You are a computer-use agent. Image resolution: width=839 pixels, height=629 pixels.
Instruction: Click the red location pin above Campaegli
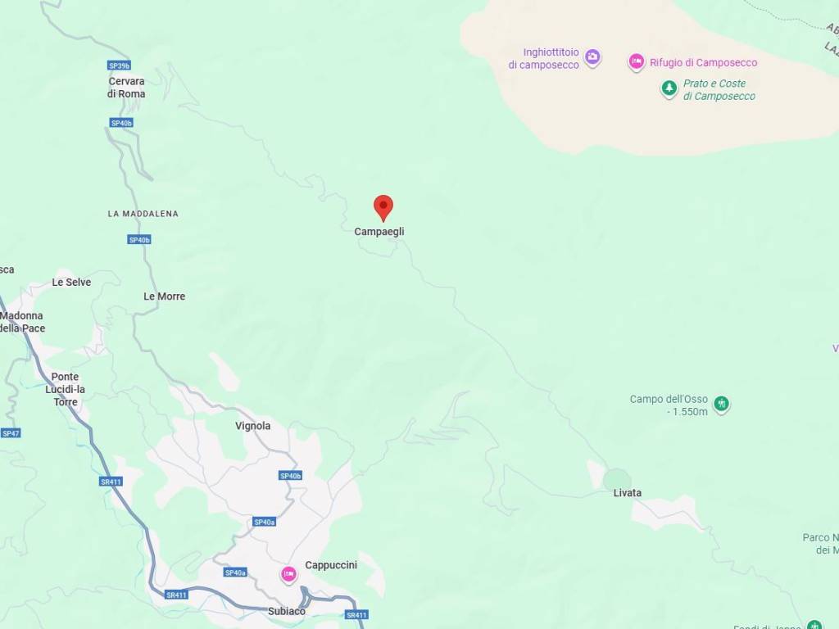383,207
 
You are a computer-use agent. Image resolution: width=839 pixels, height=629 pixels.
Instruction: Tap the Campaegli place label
379,232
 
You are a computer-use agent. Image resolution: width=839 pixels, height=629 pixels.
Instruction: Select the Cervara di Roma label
126,88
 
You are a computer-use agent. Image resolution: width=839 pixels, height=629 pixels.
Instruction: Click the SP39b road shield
119,66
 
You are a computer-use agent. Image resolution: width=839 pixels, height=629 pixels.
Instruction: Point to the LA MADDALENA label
143,214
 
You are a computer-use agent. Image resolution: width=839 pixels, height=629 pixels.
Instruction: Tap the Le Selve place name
71,283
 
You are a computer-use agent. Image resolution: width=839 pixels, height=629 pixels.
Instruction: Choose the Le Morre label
164,296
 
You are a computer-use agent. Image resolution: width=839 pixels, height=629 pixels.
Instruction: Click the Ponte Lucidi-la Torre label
66,390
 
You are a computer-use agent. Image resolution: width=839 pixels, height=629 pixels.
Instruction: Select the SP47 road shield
10,433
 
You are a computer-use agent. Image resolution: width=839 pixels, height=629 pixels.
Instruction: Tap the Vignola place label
252,426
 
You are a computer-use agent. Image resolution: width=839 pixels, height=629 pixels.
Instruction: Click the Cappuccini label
331,565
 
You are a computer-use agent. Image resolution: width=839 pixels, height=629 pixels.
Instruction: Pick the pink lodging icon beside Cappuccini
288,575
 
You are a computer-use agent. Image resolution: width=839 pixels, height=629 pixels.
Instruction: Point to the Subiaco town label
287,612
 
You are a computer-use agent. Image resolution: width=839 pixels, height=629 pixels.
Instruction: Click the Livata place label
628,493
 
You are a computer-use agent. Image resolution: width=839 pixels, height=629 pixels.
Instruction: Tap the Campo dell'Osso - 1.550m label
669,405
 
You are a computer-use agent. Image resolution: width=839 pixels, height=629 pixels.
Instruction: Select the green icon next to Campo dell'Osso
722,403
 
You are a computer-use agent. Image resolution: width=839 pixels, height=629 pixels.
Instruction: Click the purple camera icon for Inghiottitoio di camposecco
592,57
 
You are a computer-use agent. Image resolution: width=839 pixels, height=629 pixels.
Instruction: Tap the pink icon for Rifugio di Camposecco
637,62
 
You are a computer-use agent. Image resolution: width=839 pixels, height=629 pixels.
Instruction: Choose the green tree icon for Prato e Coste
669,88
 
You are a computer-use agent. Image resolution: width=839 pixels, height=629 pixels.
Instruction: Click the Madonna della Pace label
22,322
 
